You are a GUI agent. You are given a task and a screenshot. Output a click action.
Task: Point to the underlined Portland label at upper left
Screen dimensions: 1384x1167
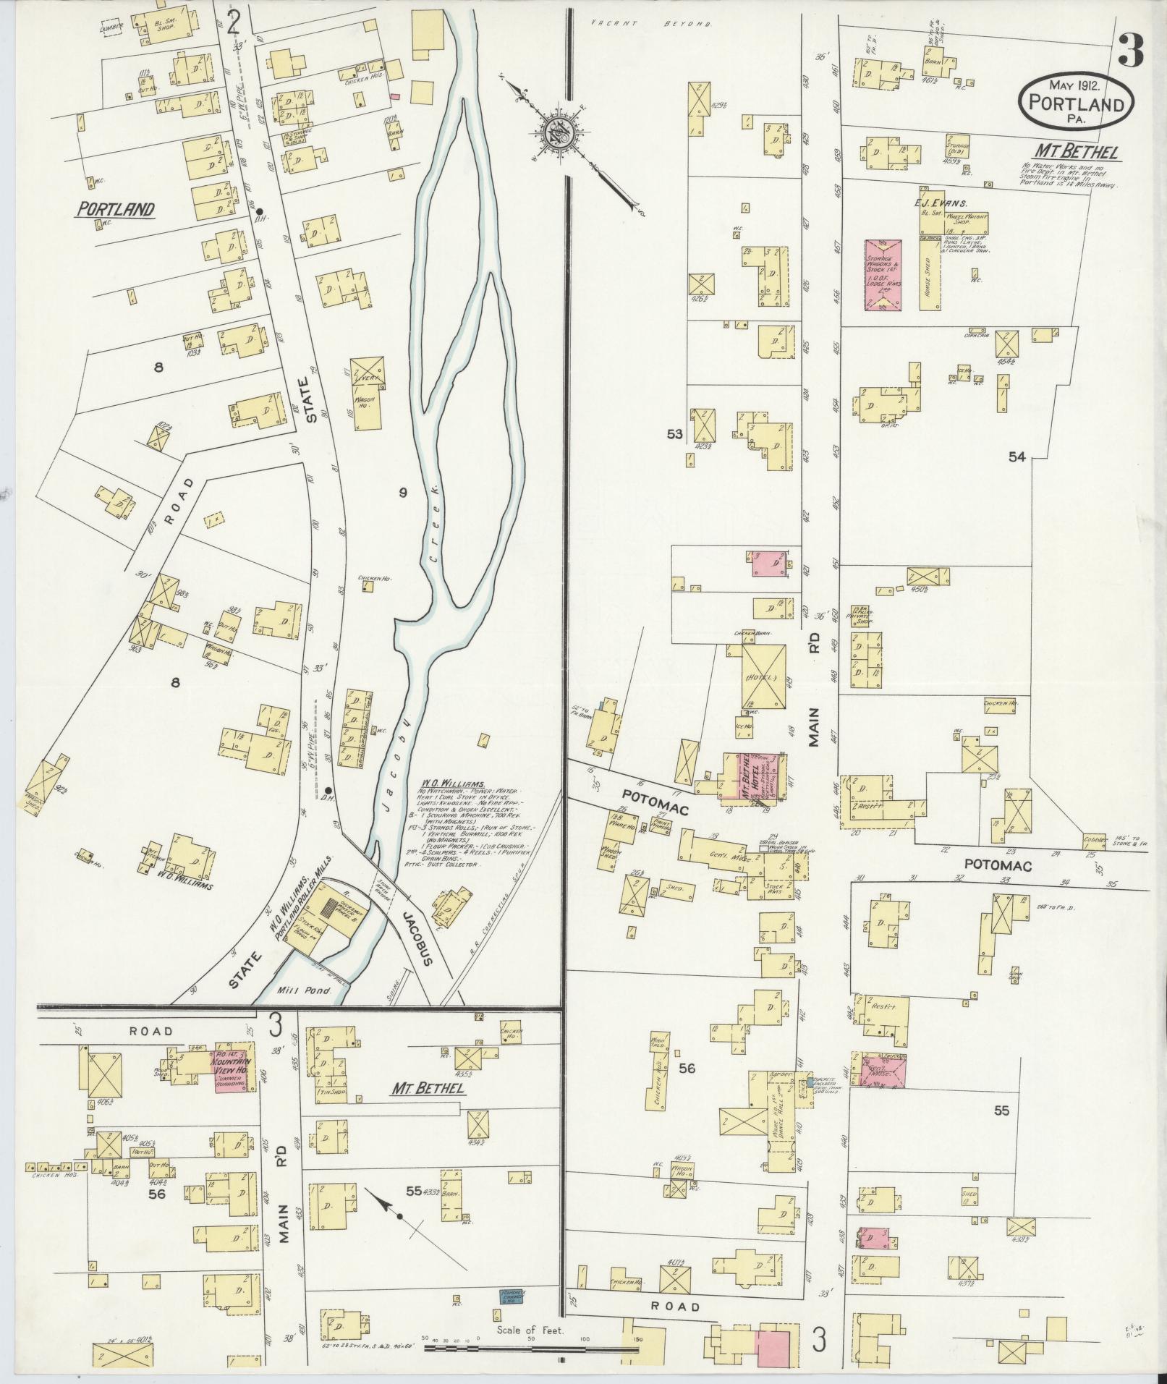point(116,210)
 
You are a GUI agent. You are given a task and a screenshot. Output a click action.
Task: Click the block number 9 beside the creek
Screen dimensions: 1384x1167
point(403,493)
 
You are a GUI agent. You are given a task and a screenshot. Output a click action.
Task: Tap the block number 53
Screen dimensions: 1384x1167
point(674,433)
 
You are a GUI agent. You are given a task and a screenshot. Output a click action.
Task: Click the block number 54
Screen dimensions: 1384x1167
point(1017,457)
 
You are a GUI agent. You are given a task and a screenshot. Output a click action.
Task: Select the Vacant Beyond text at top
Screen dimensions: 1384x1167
point(650,24)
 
